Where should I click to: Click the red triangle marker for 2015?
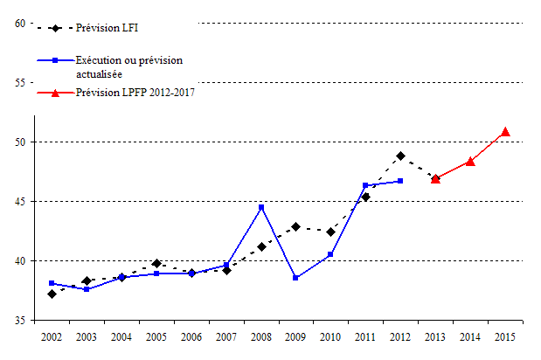[505, 132]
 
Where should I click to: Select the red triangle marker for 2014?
[470, 161]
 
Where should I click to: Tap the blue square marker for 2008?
[261, 207]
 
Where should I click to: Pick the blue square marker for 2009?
[296, 278]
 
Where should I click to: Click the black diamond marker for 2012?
[400, 156]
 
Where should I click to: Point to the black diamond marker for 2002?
[52, 294]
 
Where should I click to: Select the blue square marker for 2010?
[330, 254]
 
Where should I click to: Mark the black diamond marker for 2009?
[296, 226]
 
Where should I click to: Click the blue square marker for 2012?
[400, 181]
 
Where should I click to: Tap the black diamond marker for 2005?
[156, 263]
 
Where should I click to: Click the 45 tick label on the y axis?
[19, 202]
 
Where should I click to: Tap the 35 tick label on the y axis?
[19, 321]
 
